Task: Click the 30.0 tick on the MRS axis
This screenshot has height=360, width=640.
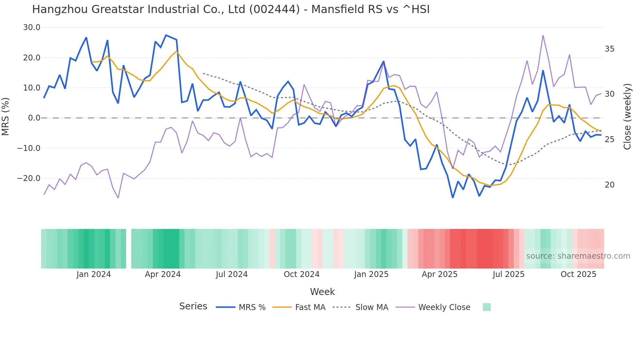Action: point(31,27)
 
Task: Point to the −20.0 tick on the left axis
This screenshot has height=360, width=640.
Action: point(29,178)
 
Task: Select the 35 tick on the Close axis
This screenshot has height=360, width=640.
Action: point(609,49)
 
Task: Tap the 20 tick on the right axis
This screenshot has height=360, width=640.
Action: point(609,185)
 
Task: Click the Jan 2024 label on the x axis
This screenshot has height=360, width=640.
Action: point(94,274)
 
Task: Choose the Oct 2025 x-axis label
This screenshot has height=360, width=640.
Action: point(578,274)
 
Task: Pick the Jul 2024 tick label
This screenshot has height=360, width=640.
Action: point(232,274)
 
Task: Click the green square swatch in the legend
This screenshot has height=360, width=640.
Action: point(487,307)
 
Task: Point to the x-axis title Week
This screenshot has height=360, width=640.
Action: point(322,292)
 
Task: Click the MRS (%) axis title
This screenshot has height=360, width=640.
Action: point(6,116)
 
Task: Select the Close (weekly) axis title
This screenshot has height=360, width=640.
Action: point(627,116)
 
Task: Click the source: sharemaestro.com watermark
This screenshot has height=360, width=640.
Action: point(578,256)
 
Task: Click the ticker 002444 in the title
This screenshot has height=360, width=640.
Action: point(274,9)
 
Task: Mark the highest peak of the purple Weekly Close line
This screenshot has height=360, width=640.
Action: point(543,35)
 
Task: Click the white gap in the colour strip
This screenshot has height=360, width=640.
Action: point(129,249)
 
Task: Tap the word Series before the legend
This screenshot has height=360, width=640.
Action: point(193,306)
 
